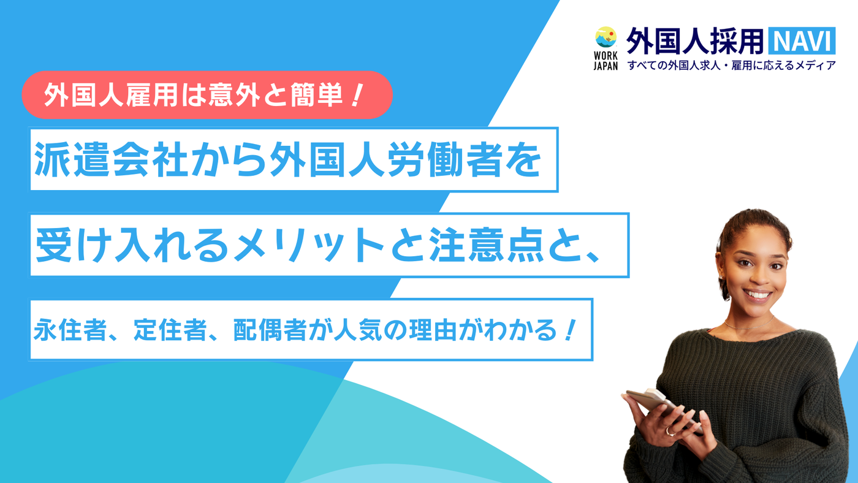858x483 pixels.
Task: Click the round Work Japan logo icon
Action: (606, 37)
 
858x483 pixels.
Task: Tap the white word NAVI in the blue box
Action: (802, 40)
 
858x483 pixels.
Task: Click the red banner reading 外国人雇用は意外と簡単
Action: (207, 94)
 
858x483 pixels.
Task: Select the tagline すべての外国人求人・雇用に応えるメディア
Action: (731, 66)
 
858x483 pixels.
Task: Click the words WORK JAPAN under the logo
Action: (606, 61)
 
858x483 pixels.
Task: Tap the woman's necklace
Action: (750, 324)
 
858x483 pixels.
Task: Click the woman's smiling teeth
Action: (757, 295)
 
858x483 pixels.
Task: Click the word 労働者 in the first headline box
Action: (445, 160)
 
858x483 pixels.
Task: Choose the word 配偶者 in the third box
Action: (270, 330)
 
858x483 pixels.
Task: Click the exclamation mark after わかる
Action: (570, 330)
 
